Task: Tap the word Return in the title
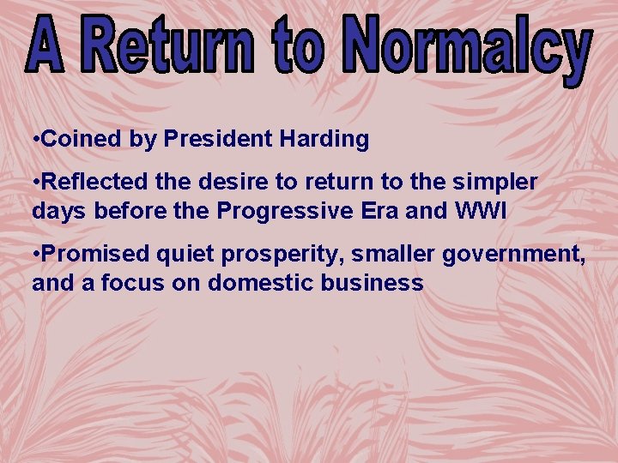coord(172,45)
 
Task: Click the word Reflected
coord(96,183)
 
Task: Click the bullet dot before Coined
coord(35,140)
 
